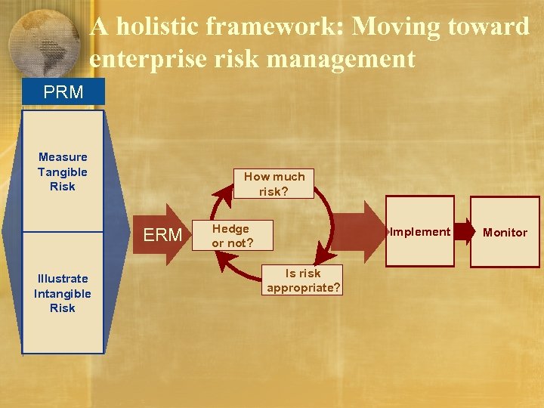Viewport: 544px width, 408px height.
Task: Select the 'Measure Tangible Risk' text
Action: click(x=63, y=172)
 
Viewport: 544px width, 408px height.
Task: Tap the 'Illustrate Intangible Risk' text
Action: click(x=63, y=293)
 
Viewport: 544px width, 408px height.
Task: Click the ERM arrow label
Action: click(x=163, y=235)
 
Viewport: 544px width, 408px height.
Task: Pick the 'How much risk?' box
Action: click(x=274, y=184)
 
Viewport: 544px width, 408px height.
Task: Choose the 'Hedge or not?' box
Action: click(x=231, y=236)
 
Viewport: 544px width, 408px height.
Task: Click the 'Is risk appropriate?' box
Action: click(x=303, y=280)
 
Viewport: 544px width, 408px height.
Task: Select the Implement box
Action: click(x=421, y=232)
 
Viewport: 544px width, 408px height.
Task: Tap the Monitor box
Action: click(x=505, y=233)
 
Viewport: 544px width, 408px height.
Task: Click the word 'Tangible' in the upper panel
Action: click(x=63, y=172)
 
